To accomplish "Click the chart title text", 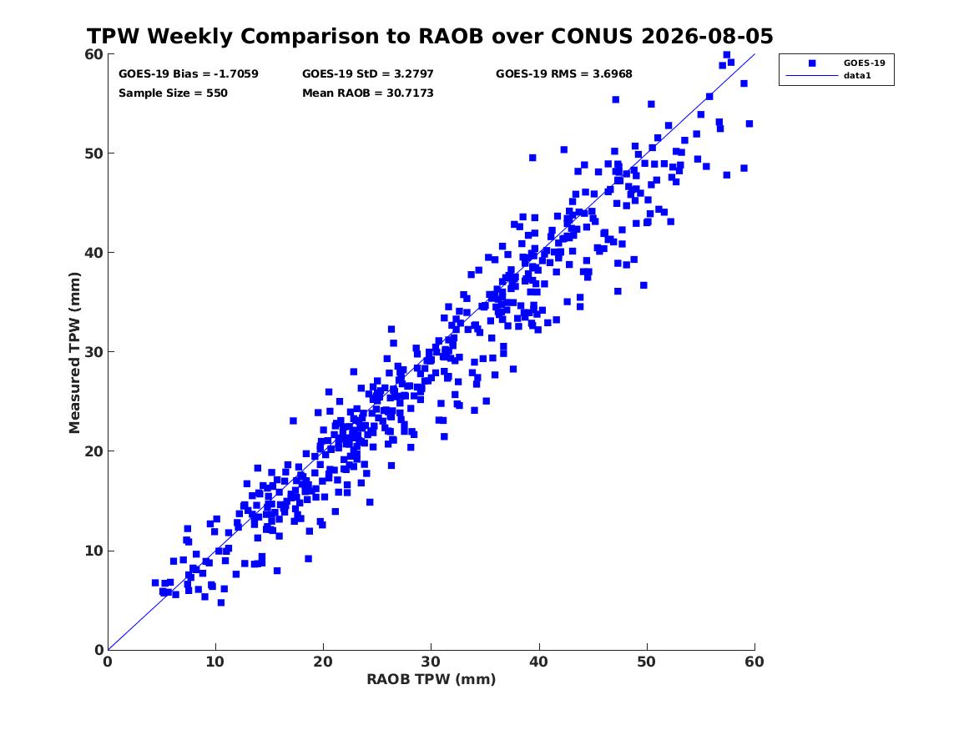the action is [430, 36].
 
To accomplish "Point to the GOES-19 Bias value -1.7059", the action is [236, 74].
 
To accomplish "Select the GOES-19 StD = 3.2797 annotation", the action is [368, 74].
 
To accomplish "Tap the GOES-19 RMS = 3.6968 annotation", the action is [564, 74].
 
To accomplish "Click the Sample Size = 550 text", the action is [173, 93].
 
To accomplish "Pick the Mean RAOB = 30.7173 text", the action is [368, 93].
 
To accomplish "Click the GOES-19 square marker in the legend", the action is [811, 63].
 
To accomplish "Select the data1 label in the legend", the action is [857, 75].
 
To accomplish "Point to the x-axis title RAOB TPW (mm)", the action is [431, 679].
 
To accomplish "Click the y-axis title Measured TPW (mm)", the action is [74, 353].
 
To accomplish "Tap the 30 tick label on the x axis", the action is [431, 662].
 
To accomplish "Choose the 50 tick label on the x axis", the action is [646, 662].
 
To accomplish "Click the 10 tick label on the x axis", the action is [215, 662].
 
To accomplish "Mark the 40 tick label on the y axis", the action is [93, 253].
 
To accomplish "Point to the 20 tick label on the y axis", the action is [93, 451].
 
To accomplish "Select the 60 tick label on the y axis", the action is [93, 54].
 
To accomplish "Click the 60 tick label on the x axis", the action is [754, 662].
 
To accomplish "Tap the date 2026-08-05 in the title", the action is [707, 36].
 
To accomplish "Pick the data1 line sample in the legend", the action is [811, 76].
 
